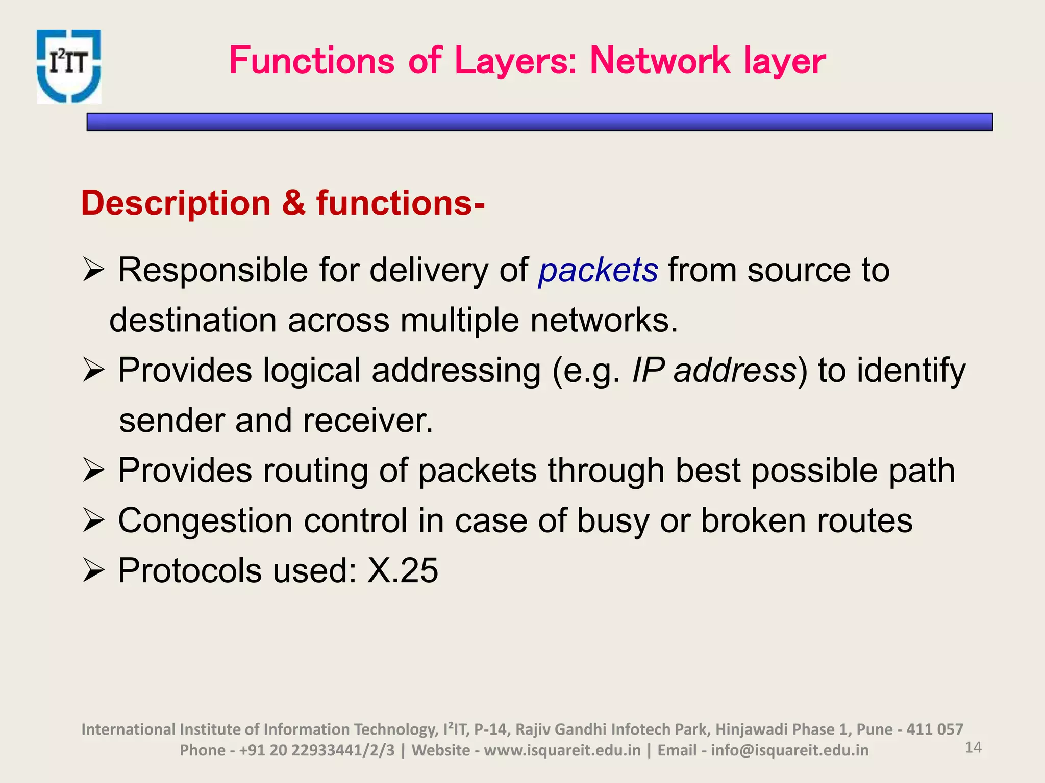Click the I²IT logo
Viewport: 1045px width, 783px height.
[68, 66]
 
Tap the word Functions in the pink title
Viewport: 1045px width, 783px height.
[312, 61]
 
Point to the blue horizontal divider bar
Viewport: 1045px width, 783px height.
[539, 122]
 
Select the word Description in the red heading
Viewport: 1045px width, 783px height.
[176, 203]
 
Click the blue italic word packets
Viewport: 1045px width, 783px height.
[598, 270]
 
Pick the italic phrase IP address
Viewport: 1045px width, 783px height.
[714, 370]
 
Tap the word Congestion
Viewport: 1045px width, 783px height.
[205, 520]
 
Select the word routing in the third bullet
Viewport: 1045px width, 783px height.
[315, 470]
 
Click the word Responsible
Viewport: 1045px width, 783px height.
[213, 270]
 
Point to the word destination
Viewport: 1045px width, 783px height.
[193, 320]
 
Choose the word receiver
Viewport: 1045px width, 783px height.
[367, 421]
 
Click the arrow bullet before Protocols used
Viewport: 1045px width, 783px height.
[93, 570]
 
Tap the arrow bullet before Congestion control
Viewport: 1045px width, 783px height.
[93, 521]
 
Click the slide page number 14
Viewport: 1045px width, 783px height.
[973, 747]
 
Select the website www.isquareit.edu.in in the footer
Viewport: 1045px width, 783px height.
[562, 750]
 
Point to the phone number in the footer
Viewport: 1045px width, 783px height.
[317, 750]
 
